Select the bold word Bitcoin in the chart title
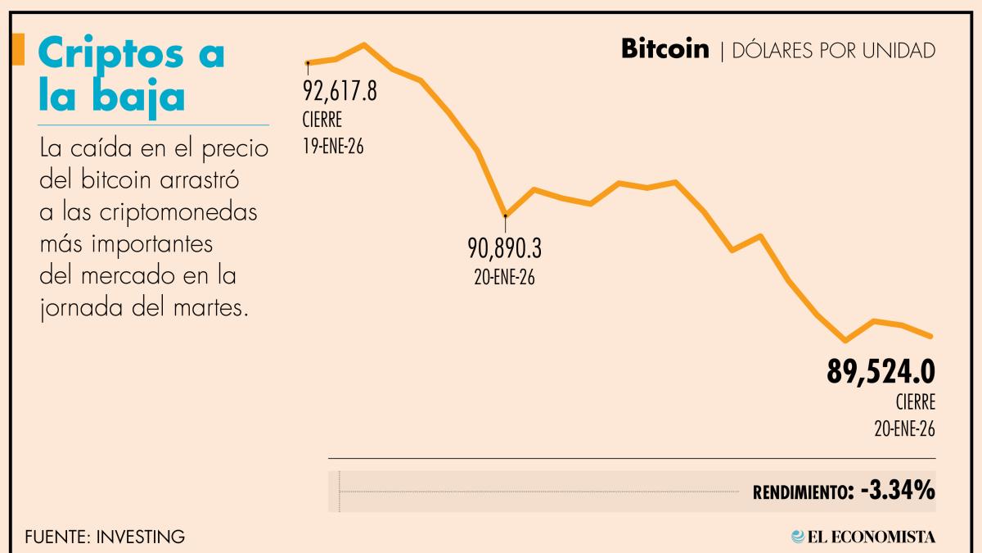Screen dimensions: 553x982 point(664,50)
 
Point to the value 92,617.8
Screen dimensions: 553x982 point(340,91)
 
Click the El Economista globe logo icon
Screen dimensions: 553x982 point(798,537)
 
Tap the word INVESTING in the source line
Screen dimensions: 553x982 point(140,537)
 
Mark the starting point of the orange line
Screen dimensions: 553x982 point(308,62)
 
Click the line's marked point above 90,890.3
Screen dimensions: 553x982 point(506,215)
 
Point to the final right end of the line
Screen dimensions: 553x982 point(931,336)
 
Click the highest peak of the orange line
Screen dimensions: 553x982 point(364,45)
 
